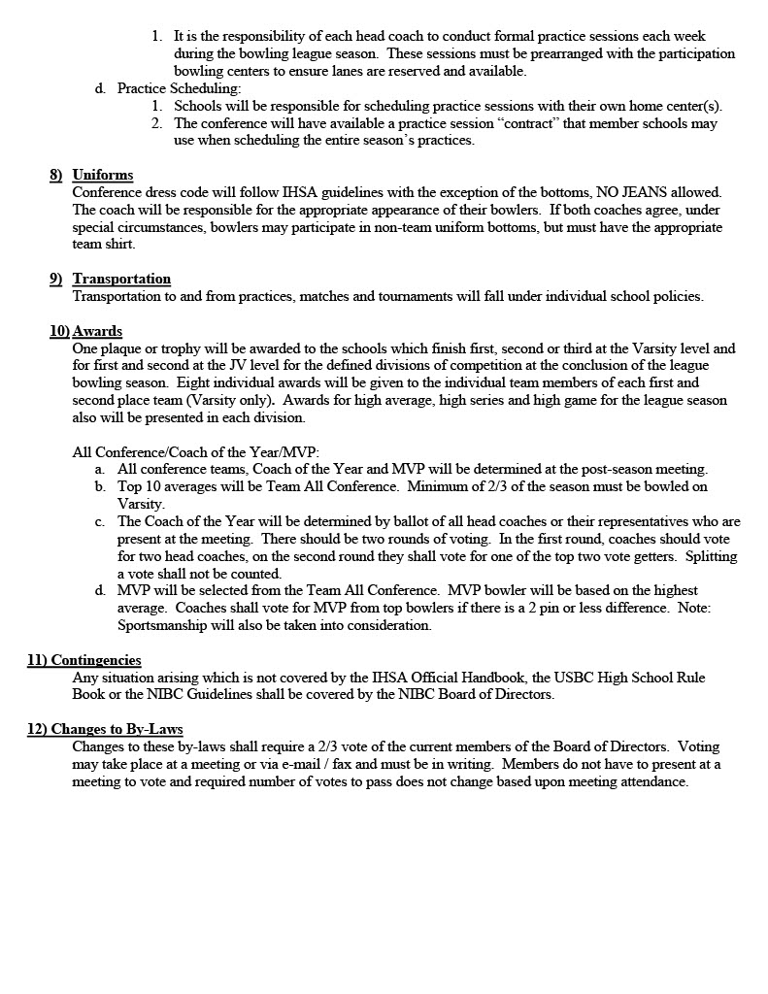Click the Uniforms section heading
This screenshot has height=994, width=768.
[x=103, y=175]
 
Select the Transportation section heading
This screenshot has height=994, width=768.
[x=121, y=280]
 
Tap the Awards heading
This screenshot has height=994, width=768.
[x=97, y=332]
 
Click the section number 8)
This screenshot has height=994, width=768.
[x=56, y=175]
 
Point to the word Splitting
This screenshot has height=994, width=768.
[x=711, y=557]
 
